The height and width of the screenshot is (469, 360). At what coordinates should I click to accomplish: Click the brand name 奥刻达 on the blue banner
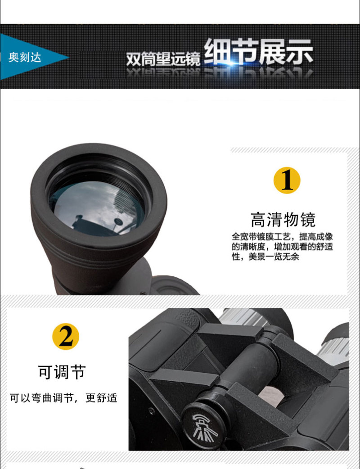[24, 57]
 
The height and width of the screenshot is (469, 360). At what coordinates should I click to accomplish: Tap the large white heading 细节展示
[259, 52]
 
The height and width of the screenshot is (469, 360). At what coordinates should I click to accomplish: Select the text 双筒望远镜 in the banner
[163, 59]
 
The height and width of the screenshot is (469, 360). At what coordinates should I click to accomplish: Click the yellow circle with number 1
[287, 180]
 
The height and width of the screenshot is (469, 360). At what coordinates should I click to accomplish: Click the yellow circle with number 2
[66, 336]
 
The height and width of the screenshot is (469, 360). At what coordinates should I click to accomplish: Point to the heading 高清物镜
[283, 220]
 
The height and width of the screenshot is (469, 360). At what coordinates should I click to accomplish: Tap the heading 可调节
[62, 372]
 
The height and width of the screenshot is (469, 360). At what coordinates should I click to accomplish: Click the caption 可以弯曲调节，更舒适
[63, 398]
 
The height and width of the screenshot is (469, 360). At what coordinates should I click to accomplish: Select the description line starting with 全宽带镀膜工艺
[282, 237]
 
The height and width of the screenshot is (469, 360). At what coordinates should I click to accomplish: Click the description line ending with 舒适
[282, 247]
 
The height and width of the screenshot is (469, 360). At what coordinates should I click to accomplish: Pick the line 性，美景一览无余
[265, 257]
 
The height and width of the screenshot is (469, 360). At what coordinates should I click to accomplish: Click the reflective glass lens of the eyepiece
[97, 208]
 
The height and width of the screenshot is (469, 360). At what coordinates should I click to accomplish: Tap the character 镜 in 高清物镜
[308, 220]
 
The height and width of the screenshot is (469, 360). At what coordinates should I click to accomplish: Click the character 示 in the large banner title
[300, 52]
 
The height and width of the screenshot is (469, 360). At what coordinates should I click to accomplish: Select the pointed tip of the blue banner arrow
[69, 57]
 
